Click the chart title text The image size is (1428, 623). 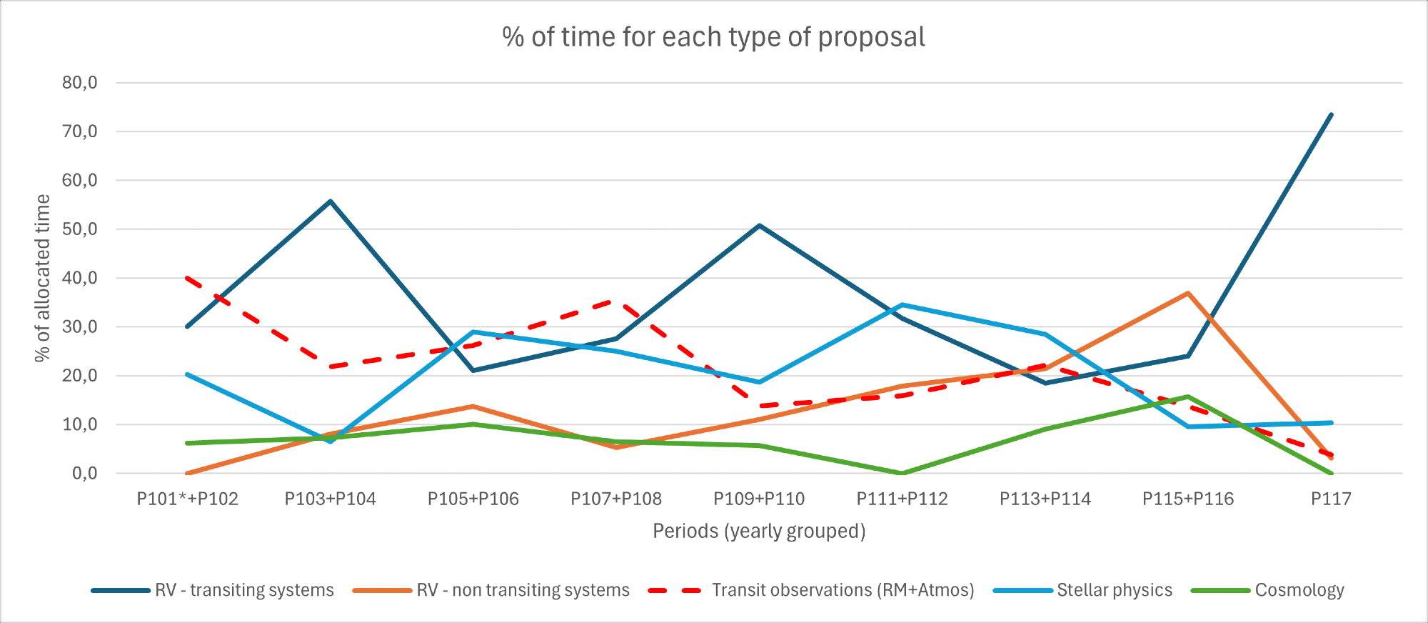[713, 37]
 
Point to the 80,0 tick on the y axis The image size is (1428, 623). [79, 83]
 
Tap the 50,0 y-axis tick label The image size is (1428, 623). [79, 229]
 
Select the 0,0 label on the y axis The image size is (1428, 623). [84, 473]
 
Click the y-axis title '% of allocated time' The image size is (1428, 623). [43, 278]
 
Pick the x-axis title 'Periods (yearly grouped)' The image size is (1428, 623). [759, 532]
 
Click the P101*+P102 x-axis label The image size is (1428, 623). [187, 499]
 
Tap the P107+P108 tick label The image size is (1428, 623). [616, 499]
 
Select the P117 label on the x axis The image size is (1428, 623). [1331, 499]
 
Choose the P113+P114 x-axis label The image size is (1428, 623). [1045, 499]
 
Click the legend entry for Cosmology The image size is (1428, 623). [1299, 590]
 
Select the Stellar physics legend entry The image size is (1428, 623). [1114, 590]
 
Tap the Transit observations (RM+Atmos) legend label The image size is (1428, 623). [843, 590]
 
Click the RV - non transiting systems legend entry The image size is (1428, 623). [523, 590]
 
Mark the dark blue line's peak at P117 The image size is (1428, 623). [1331, 114]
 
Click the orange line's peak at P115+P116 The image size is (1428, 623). [1188, 293]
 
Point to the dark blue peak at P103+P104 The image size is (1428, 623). [331, 201]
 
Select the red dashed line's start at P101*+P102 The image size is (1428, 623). [187, 278]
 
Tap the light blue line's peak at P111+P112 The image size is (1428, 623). [902, 305]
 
